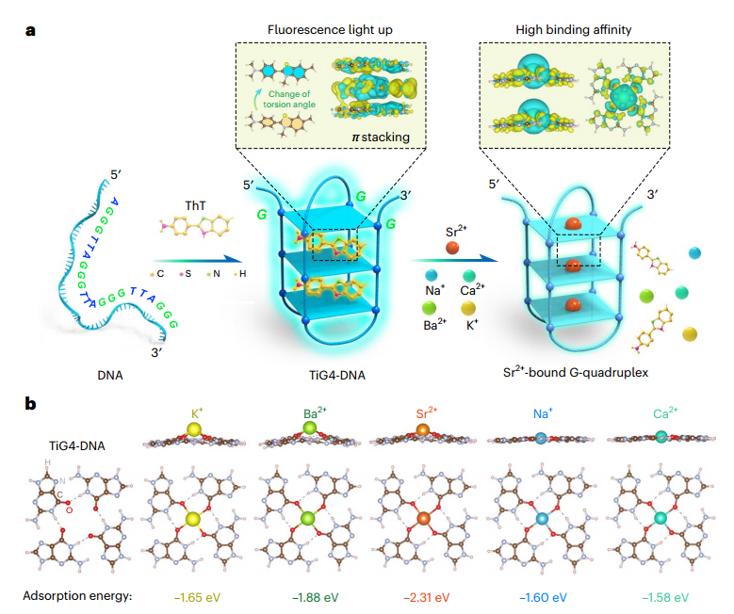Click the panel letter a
[30, 31]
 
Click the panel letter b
[30, 403]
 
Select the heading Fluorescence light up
[330, 30]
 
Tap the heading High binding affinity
[574, 30]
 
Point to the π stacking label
[381, 137]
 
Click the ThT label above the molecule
[195, 206]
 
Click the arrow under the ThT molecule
[198, 260]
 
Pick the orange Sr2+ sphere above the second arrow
[452, 248]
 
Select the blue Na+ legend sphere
[431, 275]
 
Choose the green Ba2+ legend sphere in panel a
[429, 308]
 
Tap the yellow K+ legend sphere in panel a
[468, 308]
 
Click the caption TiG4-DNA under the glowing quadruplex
[337, 376]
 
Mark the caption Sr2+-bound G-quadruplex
[576, 372]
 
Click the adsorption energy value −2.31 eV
[427, 598]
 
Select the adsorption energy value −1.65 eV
[197, 598]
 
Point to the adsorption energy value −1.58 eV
[665, 598]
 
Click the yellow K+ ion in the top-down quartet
[193, 520]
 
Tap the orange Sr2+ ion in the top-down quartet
[423, 519]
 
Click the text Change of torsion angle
[289, 99]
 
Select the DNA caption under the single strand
[110, 376]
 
